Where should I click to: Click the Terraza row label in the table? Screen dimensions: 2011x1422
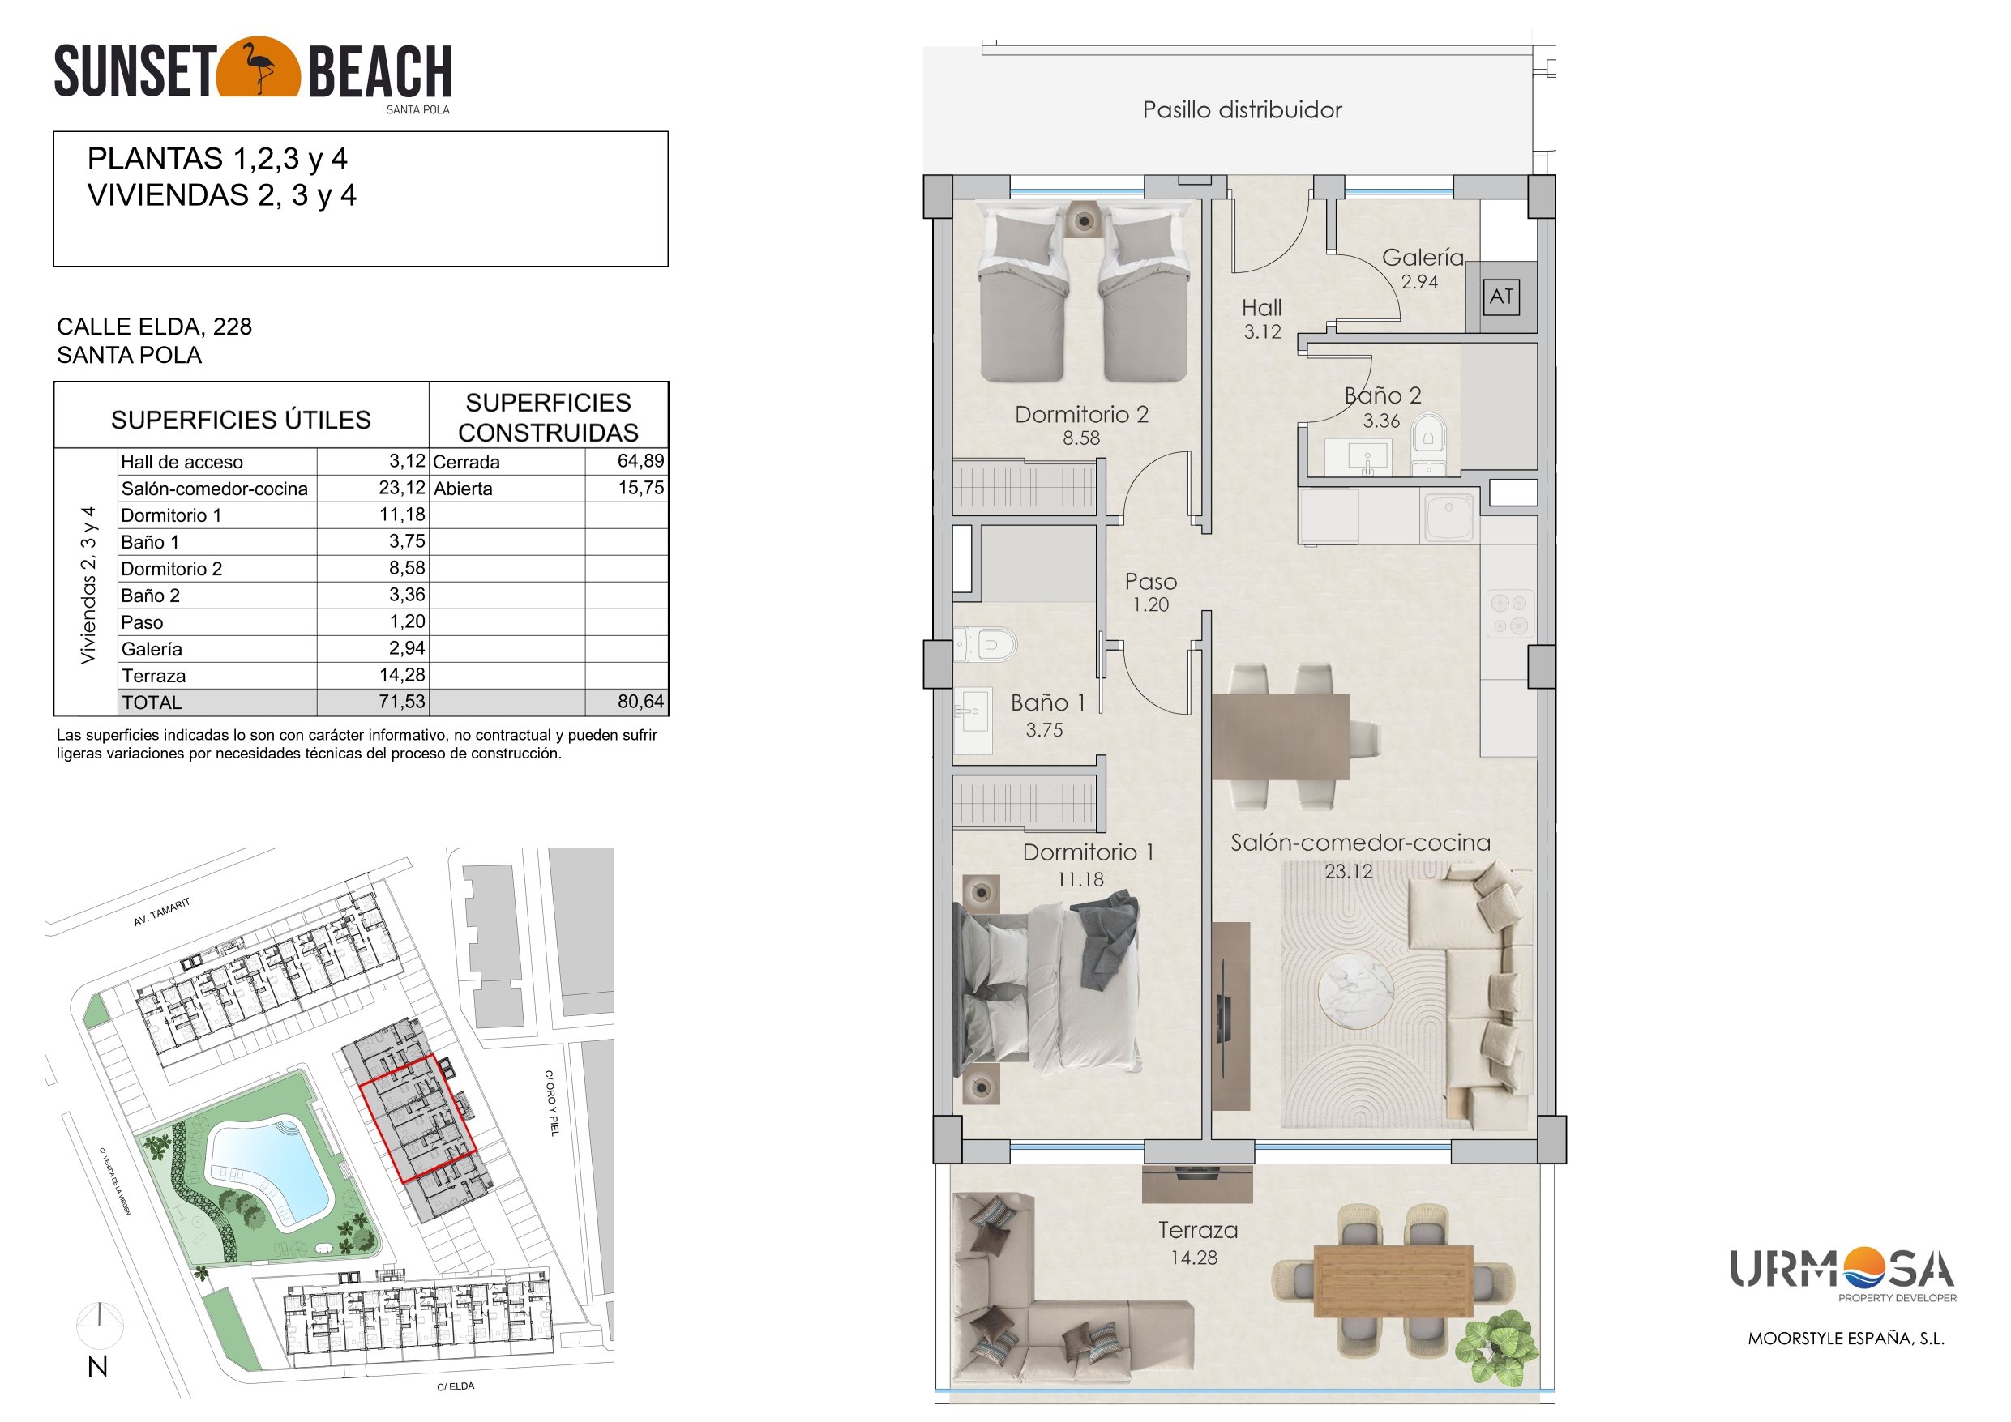point(154,675)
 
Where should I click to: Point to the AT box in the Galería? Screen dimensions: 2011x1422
point(1501,297)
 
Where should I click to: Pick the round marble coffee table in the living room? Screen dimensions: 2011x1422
point(1356,991)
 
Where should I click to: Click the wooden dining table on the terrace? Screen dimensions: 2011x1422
point(1393,1280)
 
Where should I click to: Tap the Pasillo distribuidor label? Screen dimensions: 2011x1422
point(1242,110)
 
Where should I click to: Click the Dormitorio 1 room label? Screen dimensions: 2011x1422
point(1088,852)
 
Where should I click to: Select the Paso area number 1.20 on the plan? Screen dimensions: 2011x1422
point(1150,605)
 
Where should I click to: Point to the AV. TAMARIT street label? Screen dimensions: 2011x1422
point(161,912)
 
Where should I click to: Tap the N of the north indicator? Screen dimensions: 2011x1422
point(97,1367)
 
